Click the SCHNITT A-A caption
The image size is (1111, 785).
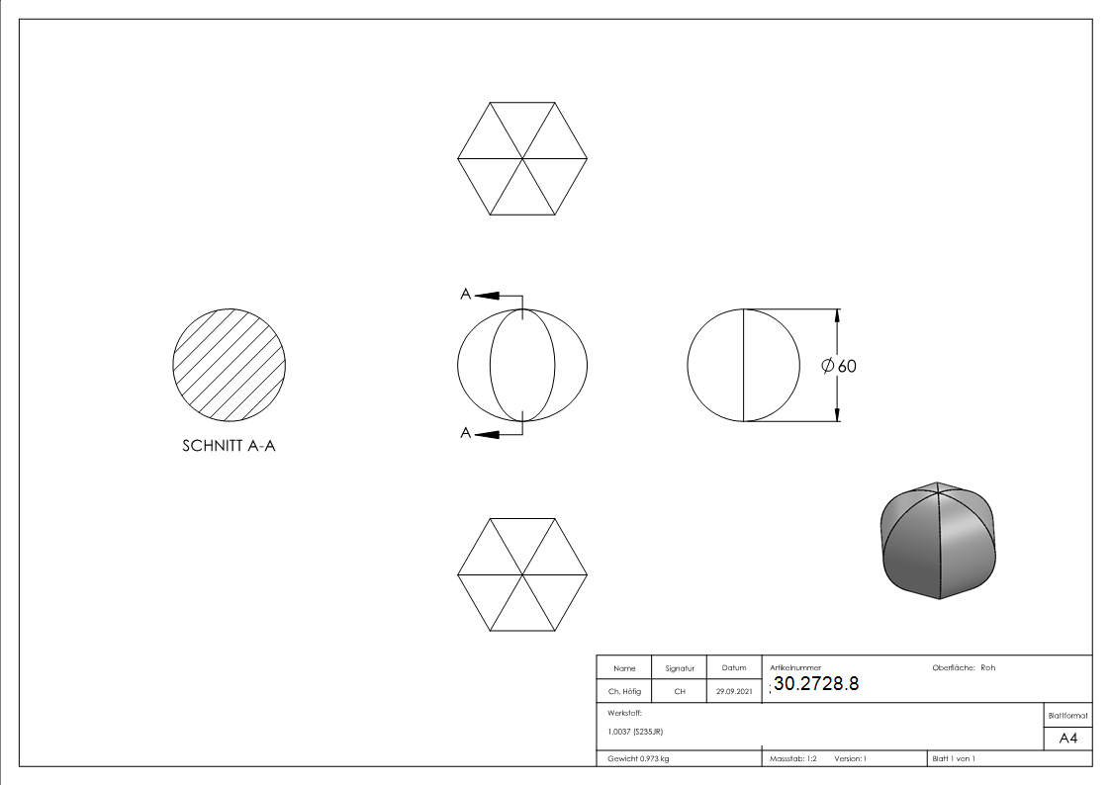[x=229, y=446]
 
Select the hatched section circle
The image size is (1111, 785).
[x=230, y=365]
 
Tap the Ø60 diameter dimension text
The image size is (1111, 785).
[x=839, y=366]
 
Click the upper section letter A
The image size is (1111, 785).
[x=466, y=294]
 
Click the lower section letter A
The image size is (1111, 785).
[x=466, y=432]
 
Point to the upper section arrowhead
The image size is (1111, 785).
[x=487, y=296]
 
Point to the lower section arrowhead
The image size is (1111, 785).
[x=487, y=434]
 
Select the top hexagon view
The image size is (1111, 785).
[x=523, y=158]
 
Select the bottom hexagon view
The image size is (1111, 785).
[x=523, y=574]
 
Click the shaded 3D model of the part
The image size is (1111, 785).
[x=938, y=541]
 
